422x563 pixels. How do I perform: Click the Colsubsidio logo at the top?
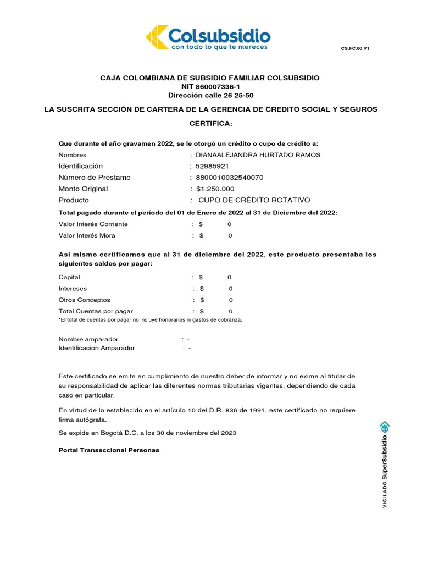coord(208,38)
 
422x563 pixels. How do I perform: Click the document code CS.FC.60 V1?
coord(354,49)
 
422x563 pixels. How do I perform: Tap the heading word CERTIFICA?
coord(211,123)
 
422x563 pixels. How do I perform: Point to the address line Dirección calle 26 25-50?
coord(211,95)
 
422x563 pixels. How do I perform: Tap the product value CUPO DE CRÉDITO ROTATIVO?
coord(254,200)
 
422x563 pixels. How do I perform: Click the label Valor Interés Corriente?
coord(93,224)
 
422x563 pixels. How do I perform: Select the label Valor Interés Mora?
coord(87,235)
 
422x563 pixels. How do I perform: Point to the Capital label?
coord(69,277)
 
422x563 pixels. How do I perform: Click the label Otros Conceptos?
coord(84,300)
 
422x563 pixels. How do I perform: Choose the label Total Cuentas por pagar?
coord(96,311)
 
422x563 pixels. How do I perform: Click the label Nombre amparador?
coord(88,339)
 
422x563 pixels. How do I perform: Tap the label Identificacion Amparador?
coord(97,348)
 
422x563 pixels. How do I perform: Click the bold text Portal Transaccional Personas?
coord(109,450)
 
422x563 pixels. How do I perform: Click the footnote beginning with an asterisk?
coord(150,319)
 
